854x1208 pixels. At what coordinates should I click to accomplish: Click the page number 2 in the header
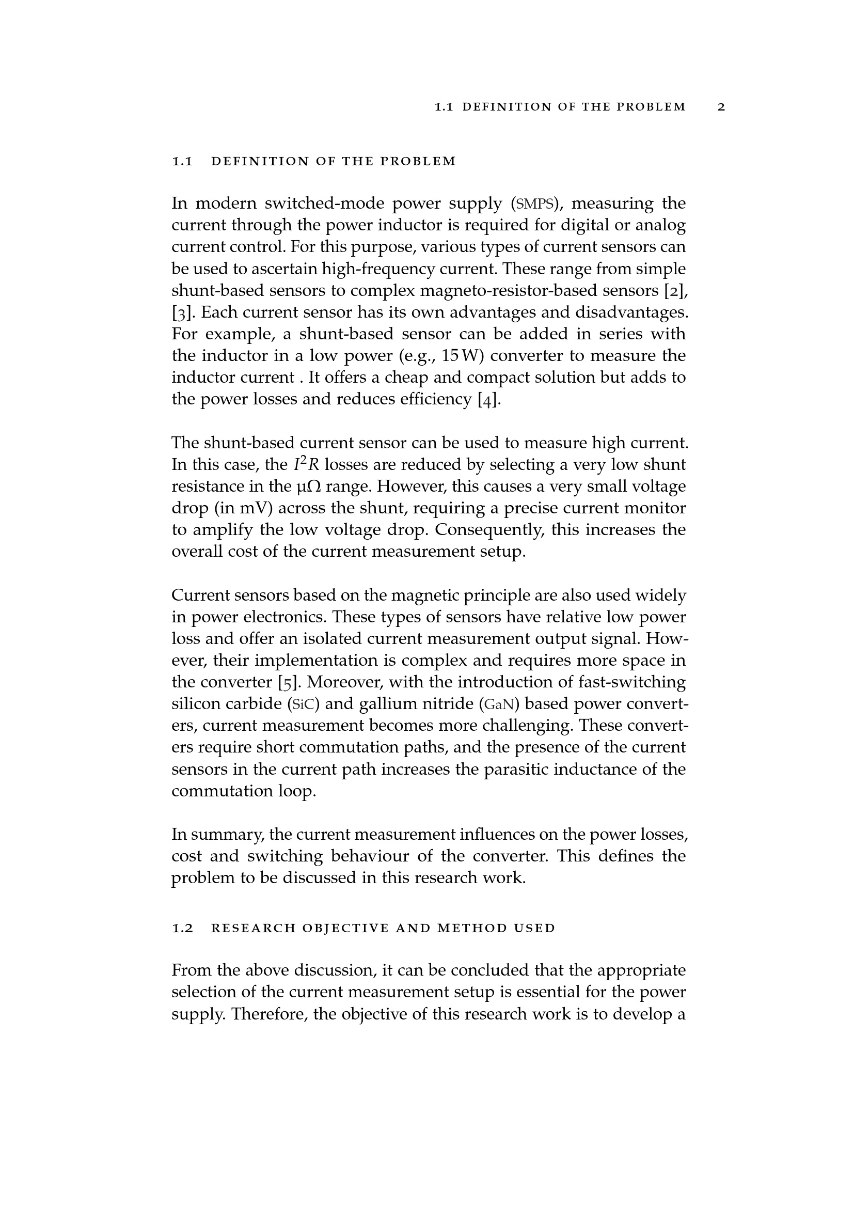coord(721,107)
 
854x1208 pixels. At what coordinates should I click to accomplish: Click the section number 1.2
coord(182,928)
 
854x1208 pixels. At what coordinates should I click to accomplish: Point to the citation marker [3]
coord(182,312)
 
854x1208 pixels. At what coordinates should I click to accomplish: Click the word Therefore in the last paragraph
coord(270,1014)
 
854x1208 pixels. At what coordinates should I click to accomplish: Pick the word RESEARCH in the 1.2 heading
coord(252,928)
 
